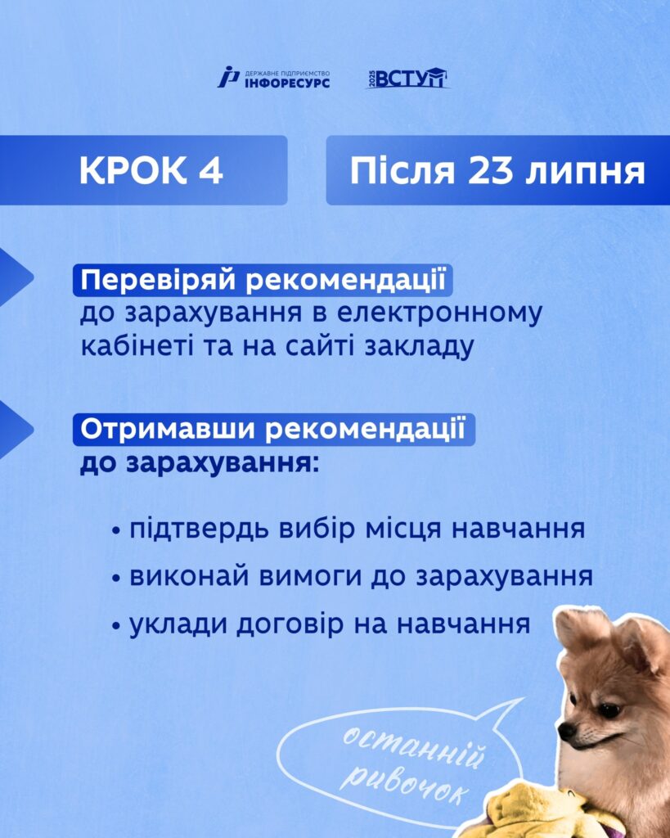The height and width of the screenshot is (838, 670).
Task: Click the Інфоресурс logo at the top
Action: coord(273,78)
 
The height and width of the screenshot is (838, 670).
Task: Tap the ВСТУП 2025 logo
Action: coord(407,78)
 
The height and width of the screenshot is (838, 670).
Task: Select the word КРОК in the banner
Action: coord(133,171)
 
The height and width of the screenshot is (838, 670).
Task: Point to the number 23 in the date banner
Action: coord(490,171)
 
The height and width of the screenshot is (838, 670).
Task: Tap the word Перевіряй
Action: coord(158,280)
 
